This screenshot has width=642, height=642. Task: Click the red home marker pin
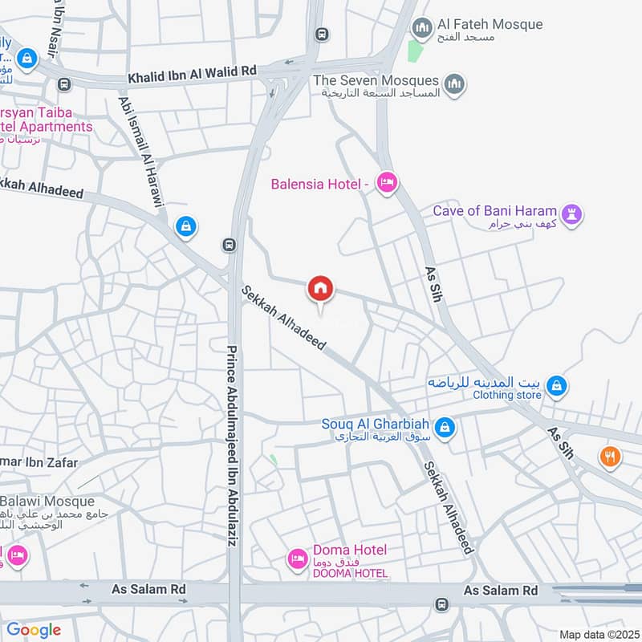tap(321, 289)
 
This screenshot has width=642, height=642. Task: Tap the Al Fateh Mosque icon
tap(422, 29)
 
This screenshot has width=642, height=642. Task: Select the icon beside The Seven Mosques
tap(455, 84)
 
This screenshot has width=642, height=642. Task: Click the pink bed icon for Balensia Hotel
tap(387, 184)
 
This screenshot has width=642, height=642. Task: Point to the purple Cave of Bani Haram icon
tap(571, 215)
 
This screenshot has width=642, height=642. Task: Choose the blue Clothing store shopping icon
tap(557, 388)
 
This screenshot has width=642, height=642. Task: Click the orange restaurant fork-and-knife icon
tap(610, 457)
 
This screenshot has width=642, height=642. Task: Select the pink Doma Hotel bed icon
tap(298, 558)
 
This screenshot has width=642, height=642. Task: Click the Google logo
tap(34, 630)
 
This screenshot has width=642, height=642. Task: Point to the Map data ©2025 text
tap(598, 635)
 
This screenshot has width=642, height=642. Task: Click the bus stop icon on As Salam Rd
tap(440, 604)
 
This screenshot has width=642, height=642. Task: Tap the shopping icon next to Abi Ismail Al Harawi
tap(186, 227)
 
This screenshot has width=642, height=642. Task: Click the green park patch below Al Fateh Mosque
tap(414, 50)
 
